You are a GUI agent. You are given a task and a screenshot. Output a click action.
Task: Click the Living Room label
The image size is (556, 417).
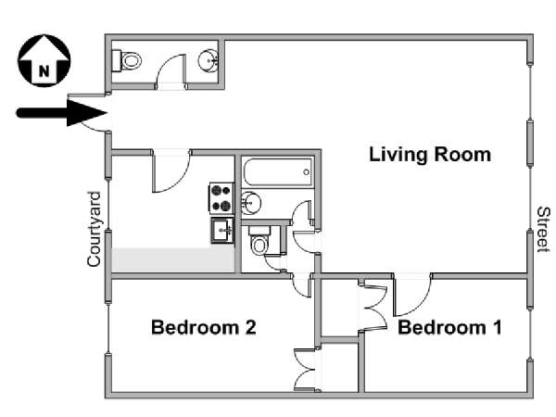pyautogui.click(x=430, y=155)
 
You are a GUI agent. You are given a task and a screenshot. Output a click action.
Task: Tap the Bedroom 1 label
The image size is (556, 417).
pyautogui.click(x=449, y=327)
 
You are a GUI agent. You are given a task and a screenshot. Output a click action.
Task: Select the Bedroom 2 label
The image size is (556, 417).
pyautogui.click(x=204, y=327)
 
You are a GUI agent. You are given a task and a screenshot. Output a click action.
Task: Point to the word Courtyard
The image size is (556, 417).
pyautogui.click(x=95, y=229)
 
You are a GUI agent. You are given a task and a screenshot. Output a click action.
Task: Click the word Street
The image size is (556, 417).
pyautogui.click(x=543, y=230)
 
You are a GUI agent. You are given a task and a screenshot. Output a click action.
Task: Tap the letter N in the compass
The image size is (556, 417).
pyautogui.click(x=44, y=71)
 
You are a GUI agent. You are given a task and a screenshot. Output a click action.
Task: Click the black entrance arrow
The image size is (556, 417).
pyautogui.click(x=62, y=113)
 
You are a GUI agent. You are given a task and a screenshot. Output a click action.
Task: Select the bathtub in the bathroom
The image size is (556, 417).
pyautogui.click(x=278, y=172)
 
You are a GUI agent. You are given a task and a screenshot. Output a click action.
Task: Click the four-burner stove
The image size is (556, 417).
pyautogui.click(x=221, y=198)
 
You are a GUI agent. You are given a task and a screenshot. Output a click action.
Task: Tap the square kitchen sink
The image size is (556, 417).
pyautogui.click(x=222, y=231)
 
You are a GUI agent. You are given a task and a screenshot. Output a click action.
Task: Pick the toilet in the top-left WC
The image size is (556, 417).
pyautogui.click(x=127, y=60)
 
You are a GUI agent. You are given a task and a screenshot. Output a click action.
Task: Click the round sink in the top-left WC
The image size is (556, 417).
pyautogui.click(x=208, y=60)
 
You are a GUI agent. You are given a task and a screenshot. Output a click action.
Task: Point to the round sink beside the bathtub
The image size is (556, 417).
pyautogui.click(x=251, y=203)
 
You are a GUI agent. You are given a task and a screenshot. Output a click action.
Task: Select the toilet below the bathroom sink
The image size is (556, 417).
pyautogui.click(x=259, y=241)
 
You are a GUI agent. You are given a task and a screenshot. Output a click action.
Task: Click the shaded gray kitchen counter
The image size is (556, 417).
pyautogui.click(x=173, y=259)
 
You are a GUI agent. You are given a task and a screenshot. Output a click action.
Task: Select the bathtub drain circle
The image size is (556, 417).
pyautogui.click(x=306, y=172)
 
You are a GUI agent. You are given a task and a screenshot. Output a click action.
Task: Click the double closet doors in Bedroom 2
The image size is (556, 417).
pyautogui.click(x=305, y=370)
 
